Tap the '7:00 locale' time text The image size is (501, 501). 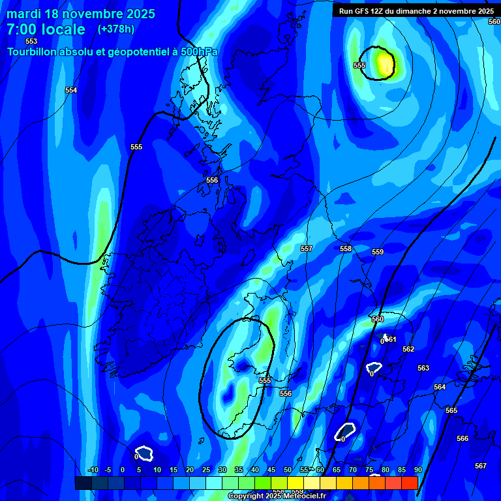[x=46, y=30]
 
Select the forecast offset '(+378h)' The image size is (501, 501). [x=115, y=29]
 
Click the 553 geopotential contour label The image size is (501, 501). [x=31, y=41]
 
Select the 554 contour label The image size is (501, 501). [x=71, y=91]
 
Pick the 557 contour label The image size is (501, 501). [x=307, y=249]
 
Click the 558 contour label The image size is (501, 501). [x=346, y=249]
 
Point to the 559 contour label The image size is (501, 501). [x=378, y=252]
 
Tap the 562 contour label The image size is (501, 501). [x=408, y=350]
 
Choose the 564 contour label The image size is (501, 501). [x=440, y=387]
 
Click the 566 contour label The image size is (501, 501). [x=463, y=439]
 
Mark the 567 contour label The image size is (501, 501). [x=481, y=466]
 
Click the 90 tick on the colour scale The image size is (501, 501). [x=417, y=470]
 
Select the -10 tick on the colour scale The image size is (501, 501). [x=93, y=470]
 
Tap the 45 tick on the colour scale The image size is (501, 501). [x=271, y=470]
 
